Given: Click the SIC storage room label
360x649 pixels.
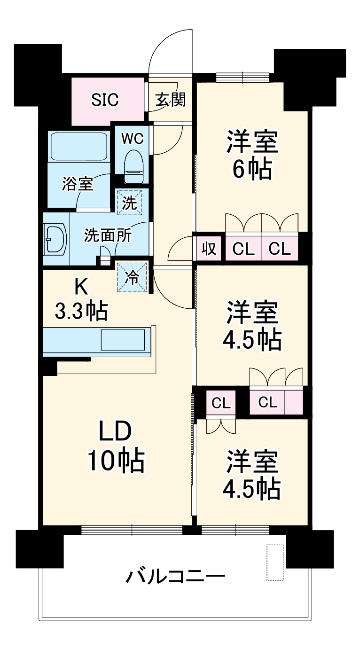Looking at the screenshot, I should (105, 100).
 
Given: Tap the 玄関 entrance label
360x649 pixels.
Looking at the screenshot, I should (170, 100).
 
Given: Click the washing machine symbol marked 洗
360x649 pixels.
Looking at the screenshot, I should (130, 202).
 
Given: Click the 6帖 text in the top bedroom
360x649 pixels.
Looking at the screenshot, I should (252, 169).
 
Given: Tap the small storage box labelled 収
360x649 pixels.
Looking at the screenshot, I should (209, 249).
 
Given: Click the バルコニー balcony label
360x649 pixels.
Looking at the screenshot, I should (175, 576).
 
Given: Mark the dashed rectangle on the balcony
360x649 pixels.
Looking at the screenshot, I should (275, 563).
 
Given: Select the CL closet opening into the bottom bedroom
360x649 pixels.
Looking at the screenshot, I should (221, 403).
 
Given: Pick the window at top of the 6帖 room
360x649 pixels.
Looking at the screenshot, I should (243, 77).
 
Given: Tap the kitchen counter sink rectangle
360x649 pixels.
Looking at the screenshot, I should (124, 339).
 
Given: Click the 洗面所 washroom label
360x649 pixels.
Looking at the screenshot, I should (108, 235).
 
